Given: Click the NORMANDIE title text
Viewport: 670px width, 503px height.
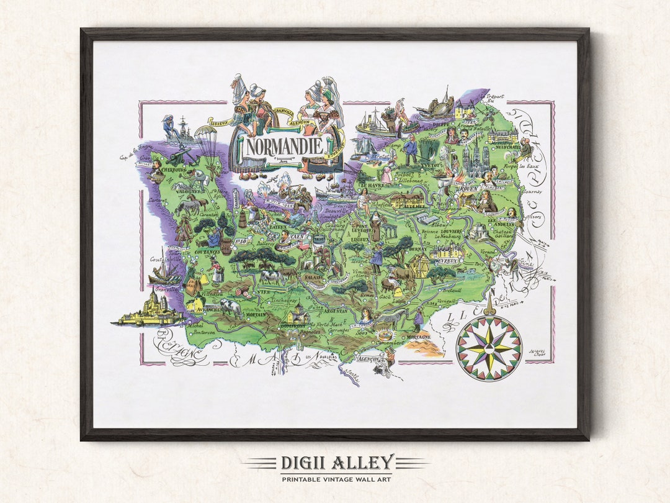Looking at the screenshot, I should [x=285, y=147].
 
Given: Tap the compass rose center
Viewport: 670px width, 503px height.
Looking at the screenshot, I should [x=489, y=347].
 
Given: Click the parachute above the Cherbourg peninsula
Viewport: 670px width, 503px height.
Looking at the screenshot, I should [x=205, y=134].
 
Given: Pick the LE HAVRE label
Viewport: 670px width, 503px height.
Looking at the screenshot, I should [x=370, y=184].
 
